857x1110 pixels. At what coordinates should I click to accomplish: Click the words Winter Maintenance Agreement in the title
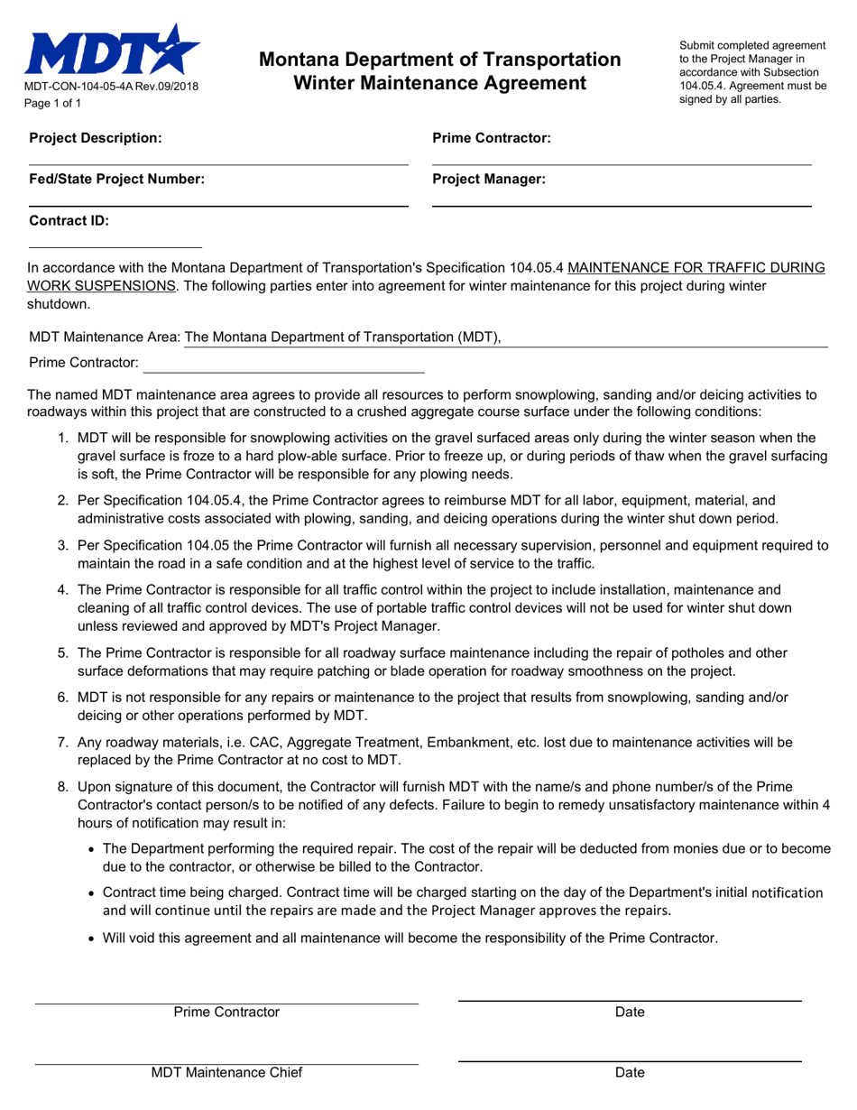(x=439, y=83)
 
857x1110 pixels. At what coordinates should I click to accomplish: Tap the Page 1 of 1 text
(x=53, y=103)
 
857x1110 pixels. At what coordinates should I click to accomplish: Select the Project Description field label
(x=96, y=138)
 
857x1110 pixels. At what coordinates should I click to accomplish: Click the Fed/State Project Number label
(x=117, y=180)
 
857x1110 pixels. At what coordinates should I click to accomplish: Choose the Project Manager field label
(x=489, y=180)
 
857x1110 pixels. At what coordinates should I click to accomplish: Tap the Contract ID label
(x=69, y=220)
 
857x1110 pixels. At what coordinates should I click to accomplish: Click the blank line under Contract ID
(x=115, y=246)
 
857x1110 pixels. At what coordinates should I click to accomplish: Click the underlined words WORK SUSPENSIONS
(x=102, y=286)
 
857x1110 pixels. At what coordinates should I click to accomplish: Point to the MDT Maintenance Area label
(x=105, y=338)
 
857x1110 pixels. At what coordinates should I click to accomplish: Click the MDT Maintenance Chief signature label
(x=226, y=1073)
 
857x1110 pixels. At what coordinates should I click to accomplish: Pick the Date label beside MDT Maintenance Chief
(x=630, y=1073)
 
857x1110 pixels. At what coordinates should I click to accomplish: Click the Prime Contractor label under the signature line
(x=226, y=1012)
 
